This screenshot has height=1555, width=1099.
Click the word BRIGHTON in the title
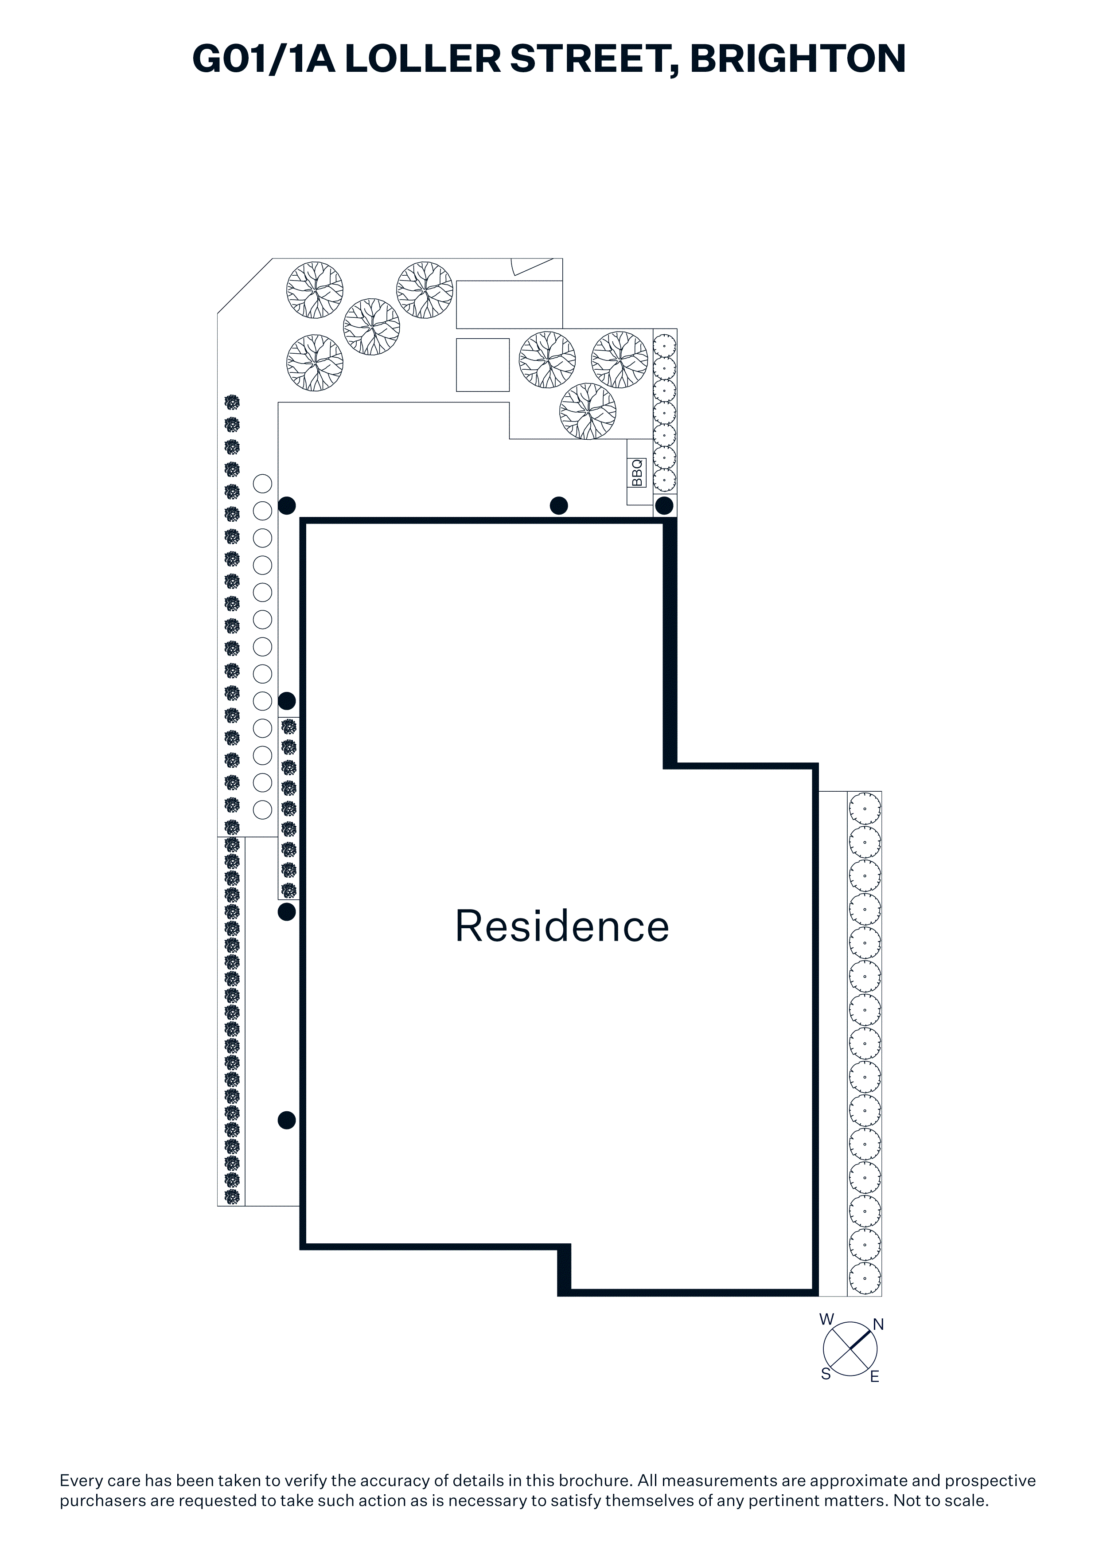(x=798, y=59)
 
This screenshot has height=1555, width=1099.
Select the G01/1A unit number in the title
(x=264, y=59)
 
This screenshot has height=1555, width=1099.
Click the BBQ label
(x=637, y=472)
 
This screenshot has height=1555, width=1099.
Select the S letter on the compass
(x=826, y=1374)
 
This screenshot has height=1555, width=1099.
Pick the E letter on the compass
(x=874, y=1377)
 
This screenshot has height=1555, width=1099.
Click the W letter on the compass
(x=827, y=1319)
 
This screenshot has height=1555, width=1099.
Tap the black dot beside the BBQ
(x=664, y=505)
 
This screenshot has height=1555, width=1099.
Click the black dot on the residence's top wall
(x=559, y=505)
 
